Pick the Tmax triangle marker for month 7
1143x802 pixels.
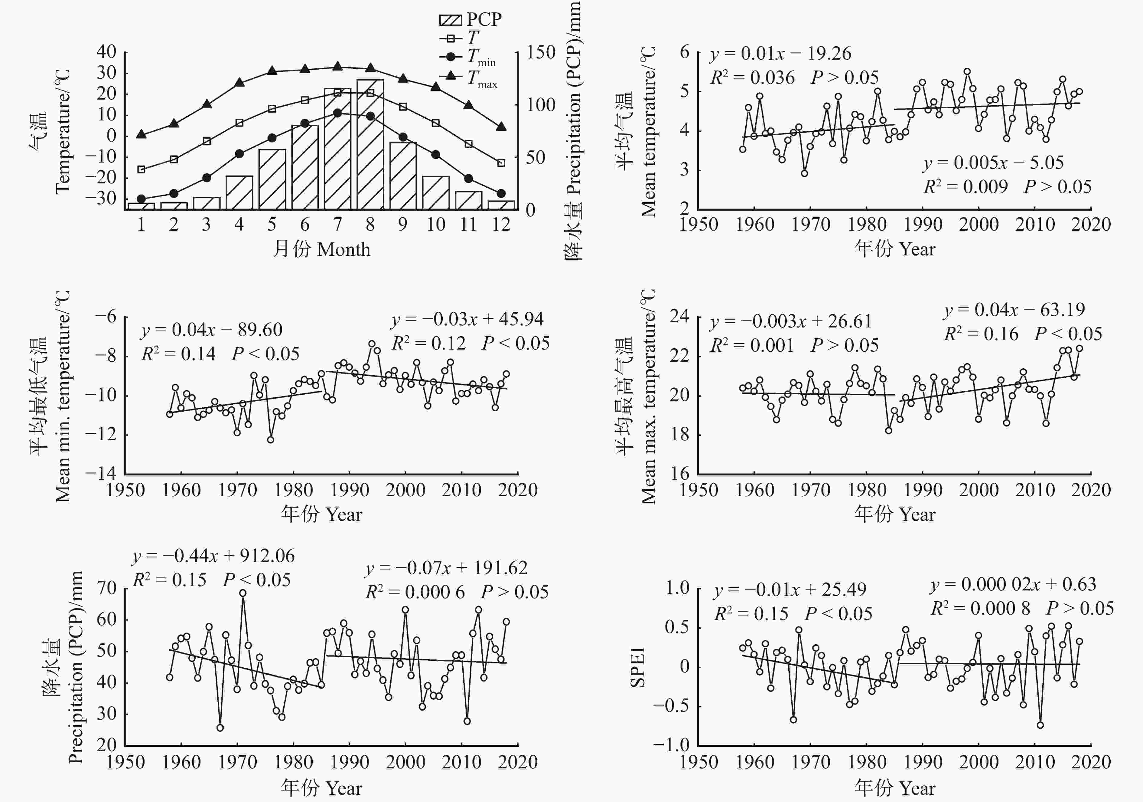click(337, 66)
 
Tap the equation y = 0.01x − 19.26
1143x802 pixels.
click(780, 53)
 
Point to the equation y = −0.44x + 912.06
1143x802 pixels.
click(213, 556)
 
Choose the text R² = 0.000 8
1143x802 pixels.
click(980, 608)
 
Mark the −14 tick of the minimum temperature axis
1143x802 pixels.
click(101, 473)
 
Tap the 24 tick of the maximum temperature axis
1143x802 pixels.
click(679, 316)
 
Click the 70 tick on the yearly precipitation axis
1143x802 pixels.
click(106, 588)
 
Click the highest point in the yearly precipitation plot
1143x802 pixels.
click(243, 593)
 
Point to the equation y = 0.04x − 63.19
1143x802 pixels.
click(1014, 310)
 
